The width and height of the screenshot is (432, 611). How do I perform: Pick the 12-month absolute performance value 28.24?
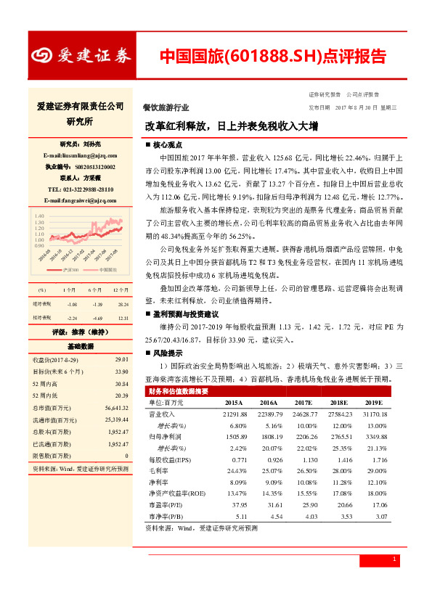(x=123, y=305)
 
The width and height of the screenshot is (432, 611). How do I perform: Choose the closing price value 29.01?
(x=121, y=359)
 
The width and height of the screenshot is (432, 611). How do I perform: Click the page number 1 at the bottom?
(x=394, y=559)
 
